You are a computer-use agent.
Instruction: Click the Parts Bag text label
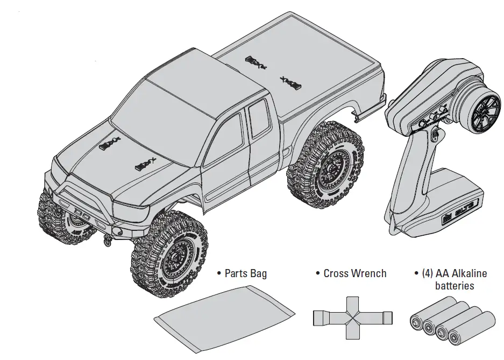[x=242, y=274]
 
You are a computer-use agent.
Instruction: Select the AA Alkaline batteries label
[x=451, y=280]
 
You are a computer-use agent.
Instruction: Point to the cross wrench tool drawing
[x=352, y=318]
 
